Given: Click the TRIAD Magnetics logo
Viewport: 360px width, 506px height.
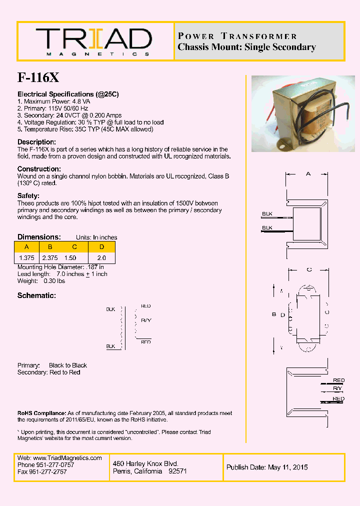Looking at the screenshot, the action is (93, 41).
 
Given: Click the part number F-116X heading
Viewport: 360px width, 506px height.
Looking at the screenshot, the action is (38, 77).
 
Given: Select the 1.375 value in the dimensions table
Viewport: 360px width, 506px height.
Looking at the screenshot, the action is (26, 257).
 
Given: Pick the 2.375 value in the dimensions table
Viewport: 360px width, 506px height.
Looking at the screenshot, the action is (50, 257).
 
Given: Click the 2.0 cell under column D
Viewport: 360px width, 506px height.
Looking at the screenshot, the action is (101, 257).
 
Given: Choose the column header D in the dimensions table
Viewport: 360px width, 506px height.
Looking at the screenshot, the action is (101, 246).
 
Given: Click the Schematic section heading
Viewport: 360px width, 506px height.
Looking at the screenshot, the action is (36, 295).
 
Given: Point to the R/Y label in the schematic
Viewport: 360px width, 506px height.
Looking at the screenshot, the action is (146, 319).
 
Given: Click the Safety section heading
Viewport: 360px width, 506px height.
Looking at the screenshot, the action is (28, 196).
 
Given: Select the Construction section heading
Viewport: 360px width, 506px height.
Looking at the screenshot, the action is (39, 169).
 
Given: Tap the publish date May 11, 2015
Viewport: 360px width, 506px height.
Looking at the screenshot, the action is (287, 467).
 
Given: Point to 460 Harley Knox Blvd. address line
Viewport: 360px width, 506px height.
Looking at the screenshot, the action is (145, 464).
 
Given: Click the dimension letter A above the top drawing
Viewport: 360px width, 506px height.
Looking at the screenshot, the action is (308, 173).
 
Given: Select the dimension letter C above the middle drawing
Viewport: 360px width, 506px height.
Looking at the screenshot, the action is (309, 269).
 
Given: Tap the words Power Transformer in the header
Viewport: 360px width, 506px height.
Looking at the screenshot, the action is (237, 36).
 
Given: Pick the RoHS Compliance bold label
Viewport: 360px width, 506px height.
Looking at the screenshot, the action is (41, 413).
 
